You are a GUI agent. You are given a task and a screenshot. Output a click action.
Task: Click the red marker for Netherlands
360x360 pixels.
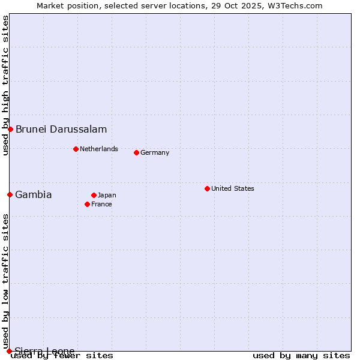(x=76, y=149)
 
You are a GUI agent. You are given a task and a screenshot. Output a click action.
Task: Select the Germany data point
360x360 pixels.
(x=136, y=152)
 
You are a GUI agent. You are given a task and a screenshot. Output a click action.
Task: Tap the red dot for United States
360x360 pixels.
(x=207, y=188)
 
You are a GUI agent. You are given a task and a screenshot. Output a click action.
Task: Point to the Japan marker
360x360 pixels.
(x=94, y=195)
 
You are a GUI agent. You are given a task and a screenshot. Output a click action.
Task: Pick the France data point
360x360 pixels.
(x=87, y=204)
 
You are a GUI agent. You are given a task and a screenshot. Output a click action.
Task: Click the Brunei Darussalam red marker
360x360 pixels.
(x=10, y=129)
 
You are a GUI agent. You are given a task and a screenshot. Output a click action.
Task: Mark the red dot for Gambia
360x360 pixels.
(x=10, y=194)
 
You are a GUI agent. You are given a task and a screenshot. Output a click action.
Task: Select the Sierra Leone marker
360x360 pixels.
(x=9, y=351)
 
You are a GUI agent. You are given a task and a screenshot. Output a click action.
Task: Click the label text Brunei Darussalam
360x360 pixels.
(x=61, y=129)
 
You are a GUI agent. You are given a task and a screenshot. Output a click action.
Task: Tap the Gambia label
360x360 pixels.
(x=34, y=194)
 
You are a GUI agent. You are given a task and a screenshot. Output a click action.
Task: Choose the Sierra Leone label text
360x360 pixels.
(x=45, y=351)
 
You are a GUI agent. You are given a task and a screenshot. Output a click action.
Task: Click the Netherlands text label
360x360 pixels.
(x=99, y=149)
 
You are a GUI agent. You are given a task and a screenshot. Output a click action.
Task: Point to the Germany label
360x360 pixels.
(x=155, y=152)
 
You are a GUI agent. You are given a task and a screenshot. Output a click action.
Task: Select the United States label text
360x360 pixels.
(x=233, y=188)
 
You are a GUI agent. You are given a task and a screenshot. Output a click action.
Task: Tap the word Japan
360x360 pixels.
(x=107, y=195)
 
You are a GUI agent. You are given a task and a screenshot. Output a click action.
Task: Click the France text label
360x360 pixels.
(x=101, y=204)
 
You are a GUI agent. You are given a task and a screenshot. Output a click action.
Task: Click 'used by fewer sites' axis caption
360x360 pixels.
(x=62, y=356)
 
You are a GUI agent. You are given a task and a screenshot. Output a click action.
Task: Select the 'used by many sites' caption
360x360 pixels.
(x=301, y=356)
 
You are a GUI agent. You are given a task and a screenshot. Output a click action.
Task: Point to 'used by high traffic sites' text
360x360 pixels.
(x=5, y=85)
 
